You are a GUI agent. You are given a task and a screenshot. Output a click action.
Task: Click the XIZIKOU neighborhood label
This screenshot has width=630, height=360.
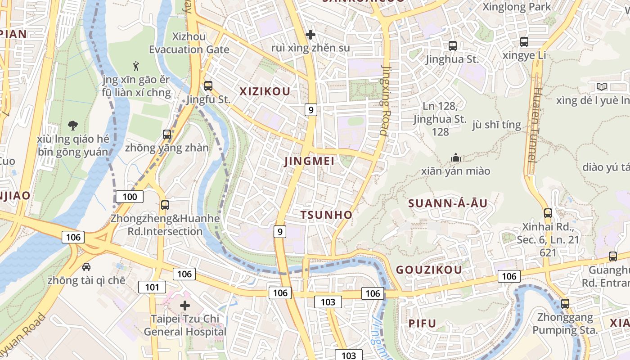265,92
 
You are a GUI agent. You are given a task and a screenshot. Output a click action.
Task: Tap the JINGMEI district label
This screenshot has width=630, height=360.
309,161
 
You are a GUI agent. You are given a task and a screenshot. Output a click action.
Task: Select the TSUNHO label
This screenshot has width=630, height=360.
327,215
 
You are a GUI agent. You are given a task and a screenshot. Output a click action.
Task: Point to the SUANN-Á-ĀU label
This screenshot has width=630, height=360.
448,203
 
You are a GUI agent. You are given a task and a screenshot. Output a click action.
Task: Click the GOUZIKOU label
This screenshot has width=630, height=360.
429,270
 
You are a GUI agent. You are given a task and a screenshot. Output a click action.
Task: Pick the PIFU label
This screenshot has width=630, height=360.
423,324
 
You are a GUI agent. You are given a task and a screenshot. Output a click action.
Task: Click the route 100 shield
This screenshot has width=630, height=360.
130,197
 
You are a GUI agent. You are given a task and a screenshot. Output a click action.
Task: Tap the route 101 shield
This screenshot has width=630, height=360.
152,287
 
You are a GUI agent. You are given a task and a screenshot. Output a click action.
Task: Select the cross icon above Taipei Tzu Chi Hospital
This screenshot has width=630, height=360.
185,306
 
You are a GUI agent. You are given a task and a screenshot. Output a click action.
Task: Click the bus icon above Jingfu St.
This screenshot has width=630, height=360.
208,85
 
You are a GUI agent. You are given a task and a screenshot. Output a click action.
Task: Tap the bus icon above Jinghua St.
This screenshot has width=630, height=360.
452,45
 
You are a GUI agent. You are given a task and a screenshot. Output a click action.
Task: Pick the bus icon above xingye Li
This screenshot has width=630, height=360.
524,42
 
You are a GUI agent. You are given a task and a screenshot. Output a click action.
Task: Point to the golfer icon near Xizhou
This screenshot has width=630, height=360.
136,66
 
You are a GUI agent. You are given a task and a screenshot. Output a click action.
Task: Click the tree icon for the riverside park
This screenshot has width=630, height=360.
72,125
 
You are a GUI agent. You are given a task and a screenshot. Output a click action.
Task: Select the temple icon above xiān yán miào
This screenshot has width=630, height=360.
456,157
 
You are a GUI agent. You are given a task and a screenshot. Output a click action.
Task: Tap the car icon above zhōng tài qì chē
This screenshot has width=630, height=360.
86,267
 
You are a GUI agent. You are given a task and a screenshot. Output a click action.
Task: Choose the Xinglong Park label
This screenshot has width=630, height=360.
517,7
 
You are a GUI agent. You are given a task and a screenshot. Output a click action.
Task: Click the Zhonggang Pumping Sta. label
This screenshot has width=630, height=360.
565,324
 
